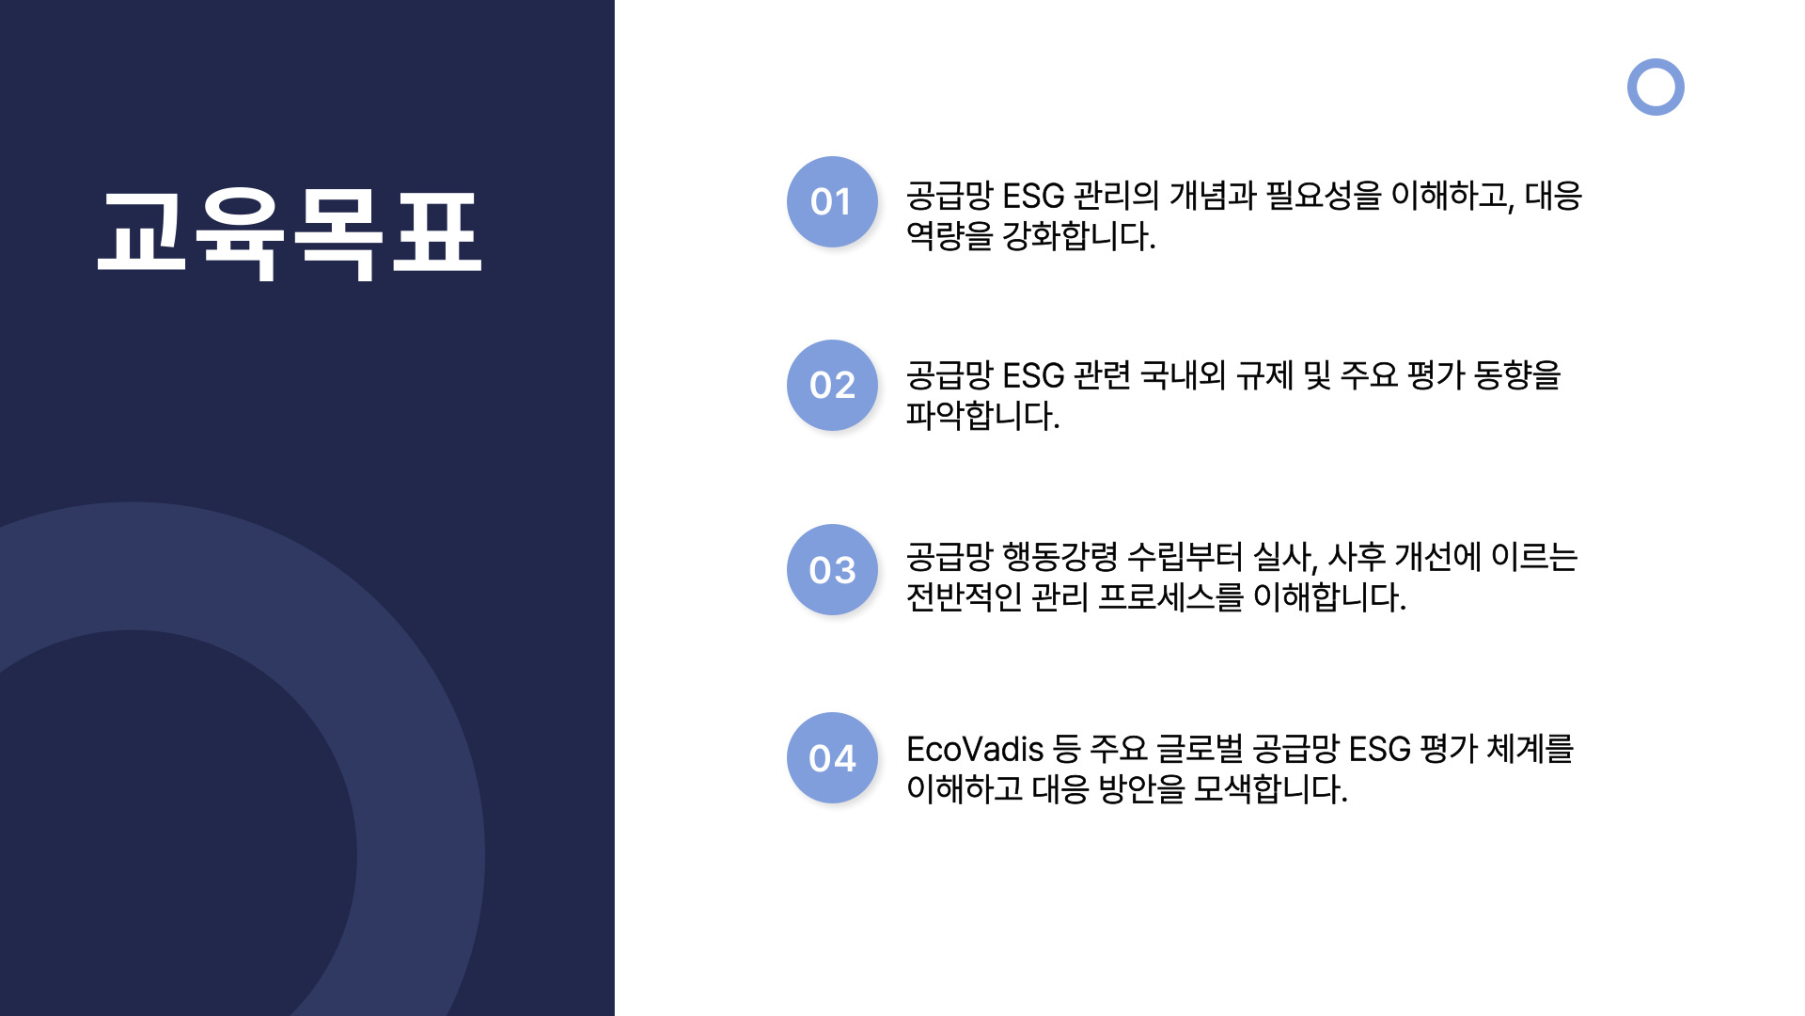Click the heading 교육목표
click(x=290, y=233)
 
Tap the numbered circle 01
click(x=832, y=201)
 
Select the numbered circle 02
click(x=832, y=385)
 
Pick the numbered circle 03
click(x=832, y=569)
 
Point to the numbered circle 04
click(x=832, y=757)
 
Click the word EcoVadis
click(x=975, y=750)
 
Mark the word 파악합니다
click(x=982, y=416)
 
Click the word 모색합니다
click(x=1270, y=790)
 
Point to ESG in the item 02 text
click(x=1033, y=376)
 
